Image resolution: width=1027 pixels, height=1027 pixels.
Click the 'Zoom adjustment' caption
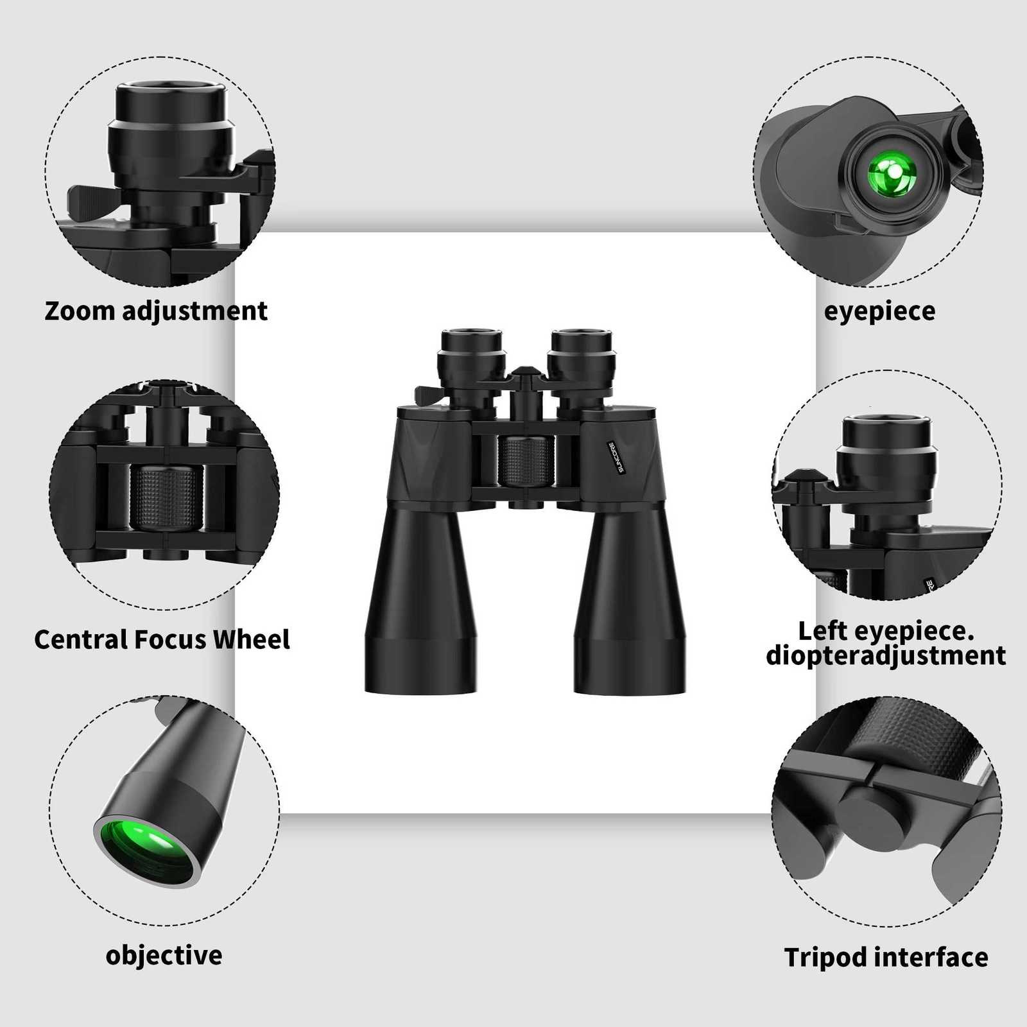coord(156,311)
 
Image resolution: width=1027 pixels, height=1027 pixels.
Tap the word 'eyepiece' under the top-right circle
coord(879,311)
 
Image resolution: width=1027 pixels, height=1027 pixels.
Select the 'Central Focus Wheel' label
coord(162,639)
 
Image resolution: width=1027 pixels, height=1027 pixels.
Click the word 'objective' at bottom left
coord(164,955)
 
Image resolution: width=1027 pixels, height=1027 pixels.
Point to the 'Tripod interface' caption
coord(886,957)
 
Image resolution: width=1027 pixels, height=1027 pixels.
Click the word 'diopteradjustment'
coord(886,656)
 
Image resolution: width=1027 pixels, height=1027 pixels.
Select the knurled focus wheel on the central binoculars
coord(525,461)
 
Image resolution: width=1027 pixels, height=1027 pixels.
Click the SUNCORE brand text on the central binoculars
coord(612,458)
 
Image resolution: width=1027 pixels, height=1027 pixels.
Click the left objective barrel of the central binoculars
coord(422,603)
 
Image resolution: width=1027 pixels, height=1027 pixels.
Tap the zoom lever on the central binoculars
coord(426,394)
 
